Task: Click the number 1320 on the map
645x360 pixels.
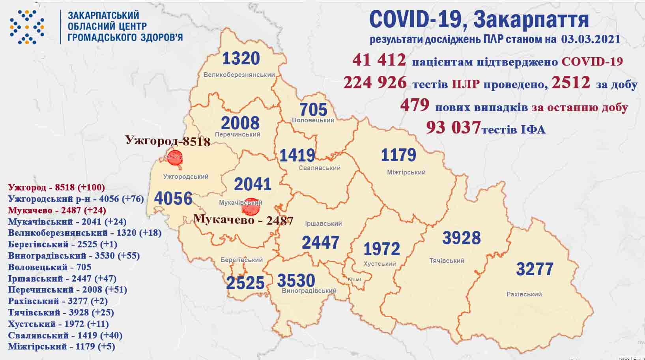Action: point(241,59)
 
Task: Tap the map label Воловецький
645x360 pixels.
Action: point(313,120)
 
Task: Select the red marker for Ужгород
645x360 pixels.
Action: point(175,157)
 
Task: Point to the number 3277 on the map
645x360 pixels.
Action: point(535,269)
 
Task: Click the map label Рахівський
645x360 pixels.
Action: point(524,294)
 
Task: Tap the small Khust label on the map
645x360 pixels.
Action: point(354,279)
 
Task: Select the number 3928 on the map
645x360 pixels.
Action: point(461,238)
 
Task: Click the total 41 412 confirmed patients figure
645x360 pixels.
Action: point(379,60)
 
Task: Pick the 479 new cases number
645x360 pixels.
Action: point(414,105)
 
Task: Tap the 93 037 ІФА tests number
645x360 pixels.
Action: point(453,127)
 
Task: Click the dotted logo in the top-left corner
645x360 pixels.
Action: point(27,27)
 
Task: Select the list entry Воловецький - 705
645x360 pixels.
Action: point(49,267)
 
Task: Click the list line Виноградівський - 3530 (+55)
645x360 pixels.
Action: point(74,255)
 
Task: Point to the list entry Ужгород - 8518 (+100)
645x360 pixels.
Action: point(56,187)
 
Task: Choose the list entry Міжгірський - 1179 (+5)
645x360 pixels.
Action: point(61,347)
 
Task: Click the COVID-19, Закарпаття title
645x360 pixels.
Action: point(479,19)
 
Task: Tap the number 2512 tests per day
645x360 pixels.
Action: point(571,82)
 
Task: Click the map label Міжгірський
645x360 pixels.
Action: point(406,172)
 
